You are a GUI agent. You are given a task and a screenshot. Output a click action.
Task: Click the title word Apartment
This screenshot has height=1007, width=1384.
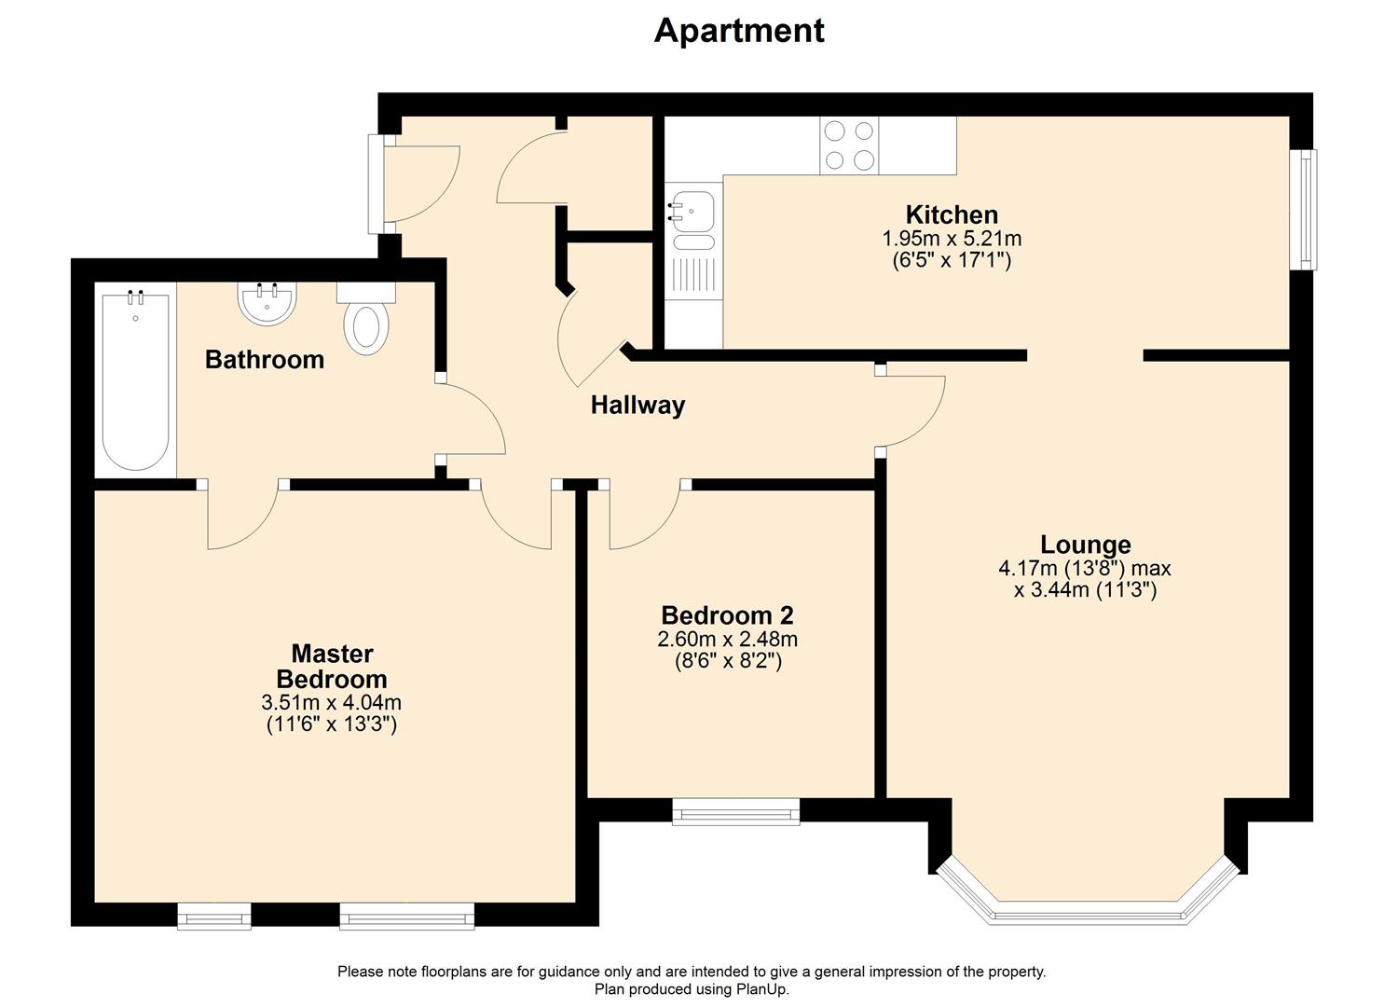(x=738, y=31)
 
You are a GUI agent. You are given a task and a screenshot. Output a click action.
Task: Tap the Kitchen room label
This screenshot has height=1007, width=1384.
(x=951, y=214)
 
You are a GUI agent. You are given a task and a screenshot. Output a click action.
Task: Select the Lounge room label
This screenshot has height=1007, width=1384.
(x=1085, y=545)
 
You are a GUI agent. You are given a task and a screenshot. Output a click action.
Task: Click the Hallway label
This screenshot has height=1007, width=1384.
(x=637, y=406)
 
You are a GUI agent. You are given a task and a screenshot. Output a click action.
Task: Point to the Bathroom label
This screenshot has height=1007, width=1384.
(x=265, y=360)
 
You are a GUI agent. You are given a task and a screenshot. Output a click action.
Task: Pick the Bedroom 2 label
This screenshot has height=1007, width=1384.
(x=727, y=615)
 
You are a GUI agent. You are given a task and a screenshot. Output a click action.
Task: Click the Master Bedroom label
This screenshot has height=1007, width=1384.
(x=332, y=666)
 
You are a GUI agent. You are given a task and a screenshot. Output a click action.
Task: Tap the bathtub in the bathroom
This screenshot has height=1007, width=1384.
(x=136, y=380)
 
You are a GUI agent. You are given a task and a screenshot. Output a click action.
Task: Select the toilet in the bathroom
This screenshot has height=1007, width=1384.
(x=366, y=322)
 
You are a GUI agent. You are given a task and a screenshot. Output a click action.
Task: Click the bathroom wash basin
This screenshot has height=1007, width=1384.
(x=267, y=304)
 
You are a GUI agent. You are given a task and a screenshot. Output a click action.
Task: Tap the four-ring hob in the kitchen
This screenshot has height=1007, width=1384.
(x=849, y=145)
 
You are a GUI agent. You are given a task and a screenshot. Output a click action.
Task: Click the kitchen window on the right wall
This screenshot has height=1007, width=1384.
(x=1308, y=209)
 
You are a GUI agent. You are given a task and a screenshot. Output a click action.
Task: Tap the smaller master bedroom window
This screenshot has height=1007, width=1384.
(x=214, y=917)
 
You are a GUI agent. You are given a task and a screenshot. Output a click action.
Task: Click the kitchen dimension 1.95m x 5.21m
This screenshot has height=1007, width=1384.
(x=951, y=239)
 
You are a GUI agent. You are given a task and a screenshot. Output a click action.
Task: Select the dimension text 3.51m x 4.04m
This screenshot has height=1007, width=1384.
(x=332, y=703)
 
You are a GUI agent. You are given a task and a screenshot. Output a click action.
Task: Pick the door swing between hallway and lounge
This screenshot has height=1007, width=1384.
(x=916, y=410)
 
